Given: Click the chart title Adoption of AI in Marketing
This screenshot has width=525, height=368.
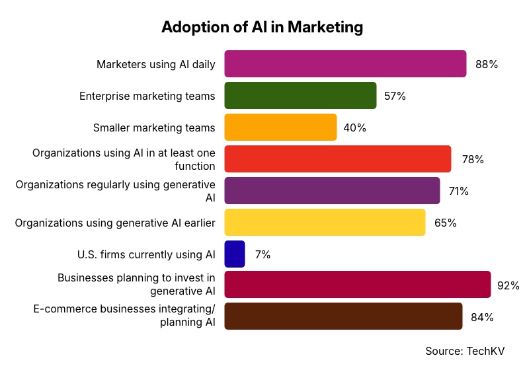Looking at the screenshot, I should [x=262, y=27].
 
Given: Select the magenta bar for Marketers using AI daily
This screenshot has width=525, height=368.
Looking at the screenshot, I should [x=345, y=64].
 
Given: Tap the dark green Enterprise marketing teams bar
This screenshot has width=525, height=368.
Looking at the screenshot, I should [x=300, y=96].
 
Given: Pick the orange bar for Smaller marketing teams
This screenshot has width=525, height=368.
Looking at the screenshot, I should [x=280, y=128].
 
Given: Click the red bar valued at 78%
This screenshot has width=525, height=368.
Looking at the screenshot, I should [x=337, y=159].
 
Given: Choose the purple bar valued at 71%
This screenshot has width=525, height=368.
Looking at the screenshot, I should [x=332, y=191].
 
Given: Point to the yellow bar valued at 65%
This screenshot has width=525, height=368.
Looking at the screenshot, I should [x=325, y=223].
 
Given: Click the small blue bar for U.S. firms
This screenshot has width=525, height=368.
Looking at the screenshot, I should [x=235, y=254].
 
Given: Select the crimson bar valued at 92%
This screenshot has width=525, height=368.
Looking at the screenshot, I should [x=357, y=285].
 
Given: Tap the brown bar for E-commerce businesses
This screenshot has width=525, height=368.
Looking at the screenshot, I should [x=343, y=316].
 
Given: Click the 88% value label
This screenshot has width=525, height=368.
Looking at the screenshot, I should [x=486, y=65].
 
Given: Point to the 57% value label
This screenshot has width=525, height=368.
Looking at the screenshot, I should [x=395, y=96].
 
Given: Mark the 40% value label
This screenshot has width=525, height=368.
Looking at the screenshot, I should [x=355, y=128].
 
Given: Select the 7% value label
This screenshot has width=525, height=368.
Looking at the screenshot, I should [x=262, y=255].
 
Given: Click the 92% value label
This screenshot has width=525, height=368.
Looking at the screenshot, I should [x=508, y=285].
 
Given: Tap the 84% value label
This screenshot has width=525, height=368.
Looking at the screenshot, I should [x=482, y=317].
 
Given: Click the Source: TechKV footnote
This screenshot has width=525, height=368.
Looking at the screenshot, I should [x=469, y=350].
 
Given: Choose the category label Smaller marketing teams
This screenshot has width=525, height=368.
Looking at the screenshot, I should [x=154, y=128].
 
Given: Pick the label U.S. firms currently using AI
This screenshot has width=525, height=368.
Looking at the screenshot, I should [x=146, y=254].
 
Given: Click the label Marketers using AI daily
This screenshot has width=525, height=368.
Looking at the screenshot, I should [x=156, y=65].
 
